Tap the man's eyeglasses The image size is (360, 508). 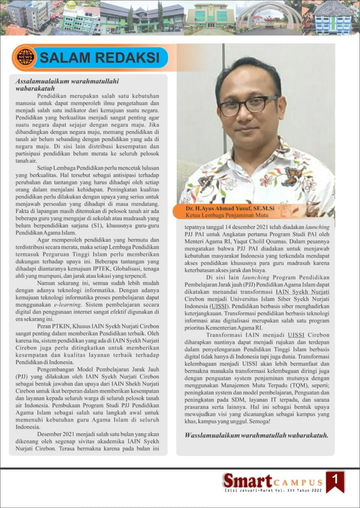(248, 106)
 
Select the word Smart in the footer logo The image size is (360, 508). (247, 480)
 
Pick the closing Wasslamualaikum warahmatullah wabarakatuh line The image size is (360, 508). (256, 436)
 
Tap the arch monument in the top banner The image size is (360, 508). (269, 15)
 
